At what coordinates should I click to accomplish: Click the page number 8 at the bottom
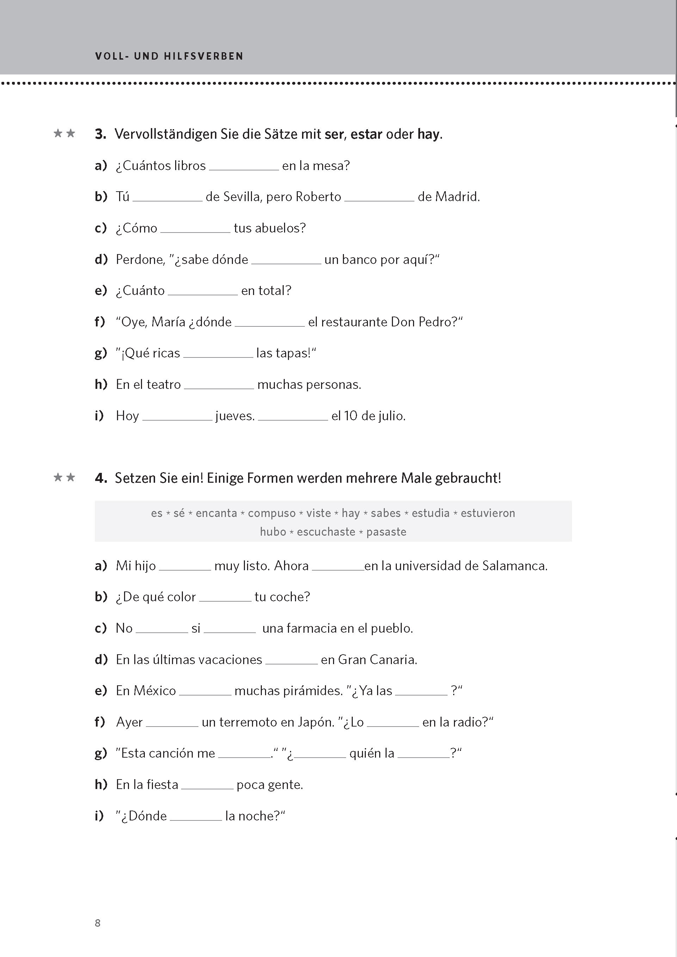point(98,923)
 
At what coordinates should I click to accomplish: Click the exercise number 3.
point(100,134)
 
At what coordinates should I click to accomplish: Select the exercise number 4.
point(100,478)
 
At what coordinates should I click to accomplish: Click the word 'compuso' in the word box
point(271,513)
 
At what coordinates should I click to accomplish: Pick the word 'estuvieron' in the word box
point(487,513)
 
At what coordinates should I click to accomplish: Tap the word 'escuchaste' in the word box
point(326,532)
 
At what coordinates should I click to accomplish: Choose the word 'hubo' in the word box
point(273,532)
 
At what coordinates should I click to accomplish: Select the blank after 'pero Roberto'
point(379,197)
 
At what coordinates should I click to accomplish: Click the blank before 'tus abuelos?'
point(195,229)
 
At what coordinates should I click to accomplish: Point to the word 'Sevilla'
point(241,197)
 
